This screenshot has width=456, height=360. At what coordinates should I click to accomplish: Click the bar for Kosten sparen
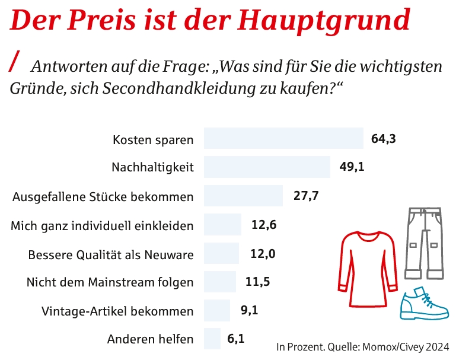click(283, 139)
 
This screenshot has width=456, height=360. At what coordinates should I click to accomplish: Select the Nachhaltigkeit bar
click(267, 167)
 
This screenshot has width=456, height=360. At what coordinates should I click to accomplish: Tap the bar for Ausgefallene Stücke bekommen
click(243, 196)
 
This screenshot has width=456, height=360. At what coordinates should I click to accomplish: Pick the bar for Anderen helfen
click(212, 339)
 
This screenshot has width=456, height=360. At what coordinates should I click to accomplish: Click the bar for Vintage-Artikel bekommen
click(216, 311)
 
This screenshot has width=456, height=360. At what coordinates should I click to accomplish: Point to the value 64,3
click(384, 139)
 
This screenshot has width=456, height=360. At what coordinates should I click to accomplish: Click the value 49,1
click(352, 167)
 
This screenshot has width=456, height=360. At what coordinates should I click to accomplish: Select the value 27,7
click(306, 196)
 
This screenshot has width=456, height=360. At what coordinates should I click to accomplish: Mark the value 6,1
click(236, 339)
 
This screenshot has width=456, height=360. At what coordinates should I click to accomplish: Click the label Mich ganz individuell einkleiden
click(103, 226)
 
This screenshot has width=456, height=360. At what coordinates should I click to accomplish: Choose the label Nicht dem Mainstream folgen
click(110, 282)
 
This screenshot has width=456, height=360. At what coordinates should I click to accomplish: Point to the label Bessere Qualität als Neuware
click(111, 254)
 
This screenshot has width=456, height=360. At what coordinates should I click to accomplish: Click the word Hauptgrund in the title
click(324, 20)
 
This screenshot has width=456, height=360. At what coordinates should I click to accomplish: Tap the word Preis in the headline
click(104, 20)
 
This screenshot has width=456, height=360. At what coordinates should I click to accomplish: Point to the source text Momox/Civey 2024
click(405, 346)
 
